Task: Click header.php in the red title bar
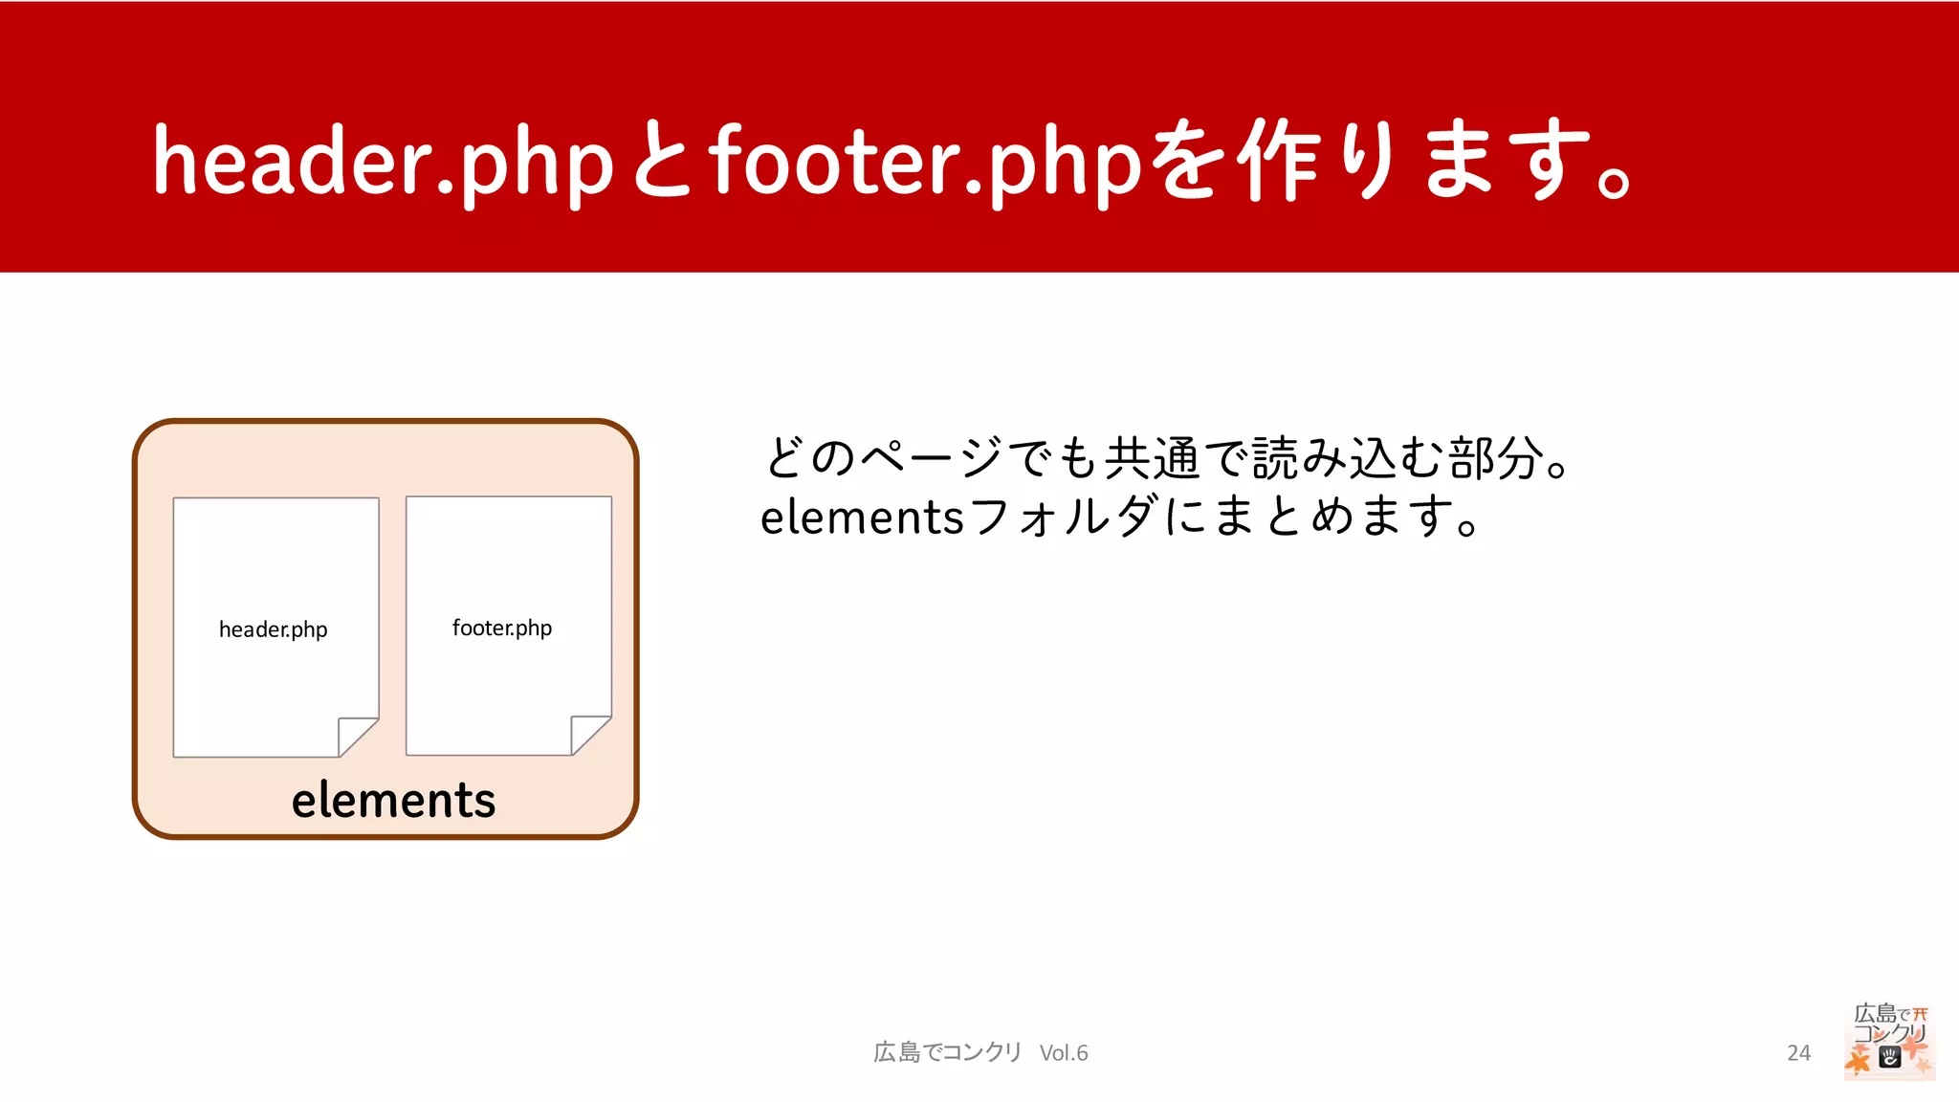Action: pos(383,161)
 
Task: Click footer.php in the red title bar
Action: pos(925,161)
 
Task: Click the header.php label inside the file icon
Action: pos(274,629)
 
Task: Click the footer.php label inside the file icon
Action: pos(502,628)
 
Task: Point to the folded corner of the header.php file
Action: pos(356,737)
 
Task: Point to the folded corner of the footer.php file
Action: pos(588,735)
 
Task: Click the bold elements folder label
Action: pos(393,800)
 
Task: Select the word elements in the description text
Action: pos(861,518)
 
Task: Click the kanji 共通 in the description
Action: pos(1153,457)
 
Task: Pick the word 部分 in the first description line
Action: pos(1497,457)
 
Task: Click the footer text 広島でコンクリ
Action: pos(948,1052)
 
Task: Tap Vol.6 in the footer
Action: pos(1064,1052)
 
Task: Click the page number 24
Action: pos(1798,1052)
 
